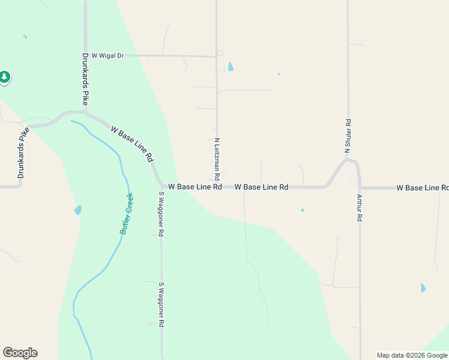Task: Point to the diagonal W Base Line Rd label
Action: click(131, 143)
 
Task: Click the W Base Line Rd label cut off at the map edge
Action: click(422, 188)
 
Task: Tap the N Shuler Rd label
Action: click(348, 139)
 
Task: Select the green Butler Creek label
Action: click(126, 213)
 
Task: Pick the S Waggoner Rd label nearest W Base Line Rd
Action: click(161, 214)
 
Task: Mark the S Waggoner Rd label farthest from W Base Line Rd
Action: click(161, 304)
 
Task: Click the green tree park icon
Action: click(5, 77)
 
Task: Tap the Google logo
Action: click(20, 353)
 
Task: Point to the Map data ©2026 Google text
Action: click(412, 355)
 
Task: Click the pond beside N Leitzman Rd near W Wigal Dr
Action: click(231, 67)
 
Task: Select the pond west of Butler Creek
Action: click(78, 210)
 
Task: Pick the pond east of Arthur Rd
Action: click(423, 287)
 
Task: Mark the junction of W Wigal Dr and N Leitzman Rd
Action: click(216, 57)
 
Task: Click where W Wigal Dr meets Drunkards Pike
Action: click(85, 55)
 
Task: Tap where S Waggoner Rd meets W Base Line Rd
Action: click(161, 187)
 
